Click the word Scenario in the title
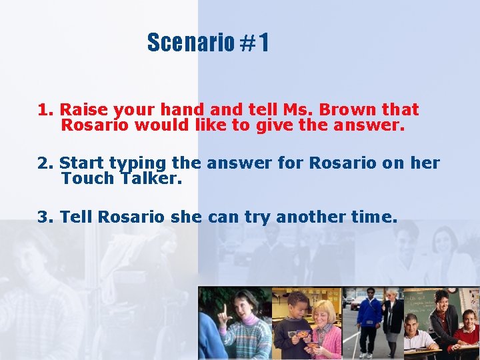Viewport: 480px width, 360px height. (x=190, y=43)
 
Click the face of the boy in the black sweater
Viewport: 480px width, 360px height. (x=298, y=303)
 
